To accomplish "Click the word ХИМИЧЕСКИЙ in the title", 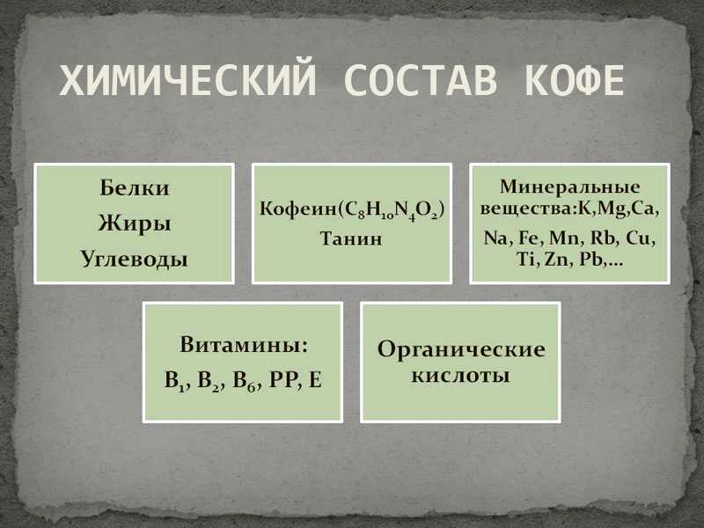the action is point(187,80).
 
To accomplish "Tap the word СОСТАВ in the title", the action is point(421,80).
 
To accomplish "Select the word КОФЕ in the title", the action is point(575,80).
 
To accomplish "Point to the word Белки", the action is point(135,187).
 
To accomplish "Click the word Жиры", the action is point(135,224).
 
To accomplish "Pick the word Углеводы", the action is point(135,260).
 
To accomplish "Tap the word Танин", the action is point(351,238).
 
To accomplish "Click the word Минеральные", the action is point(569,187).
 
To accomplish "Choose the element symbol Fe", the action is point(527,238).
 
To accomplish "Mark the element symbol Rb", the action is point(602,238).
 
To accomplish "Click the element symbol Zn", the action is point(556,260).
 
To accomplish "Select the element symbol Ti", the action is point(524,260).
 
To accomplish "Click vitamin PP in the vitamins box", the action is point(282,380).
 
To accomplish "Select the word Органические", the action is point(461,350).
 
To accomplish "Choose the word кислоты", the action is point(460,376).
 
